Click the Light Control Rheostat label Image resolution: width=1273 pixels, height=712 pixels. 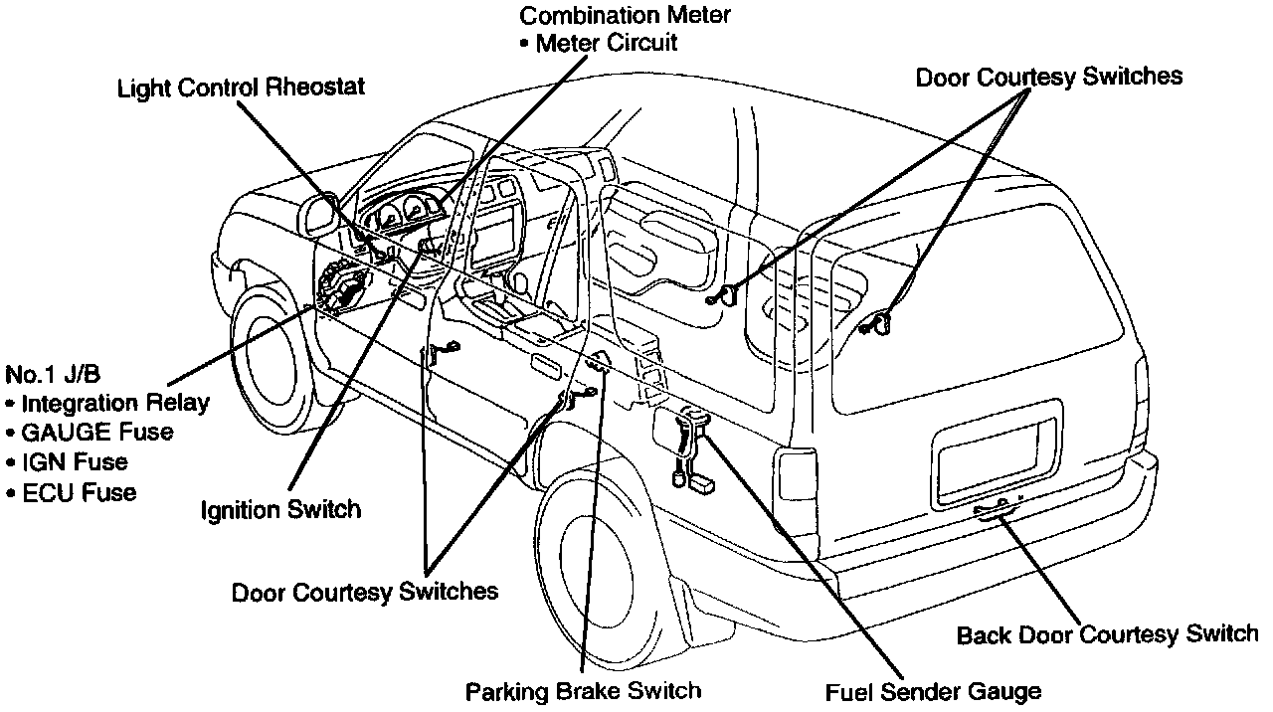pos(242,88)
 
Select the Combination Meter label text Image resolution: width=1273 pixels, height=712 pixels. pos(626,16)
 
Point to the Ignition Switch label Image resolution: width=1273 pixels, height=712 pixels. pos(280,510)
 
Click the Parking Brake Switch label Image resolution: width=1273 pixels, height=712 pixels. pos(584,689)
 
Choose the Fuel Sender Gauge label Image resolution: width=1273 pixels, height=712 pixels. pos(934,690)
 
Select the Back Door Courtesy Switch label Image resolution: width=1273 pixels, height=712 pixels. pos(1107,634)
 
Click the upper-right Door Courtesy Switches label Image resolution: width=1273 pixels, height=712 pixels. pos(1049,77)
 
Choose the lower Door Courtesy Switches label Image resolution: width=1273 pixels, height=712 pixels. pos(365,592)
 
